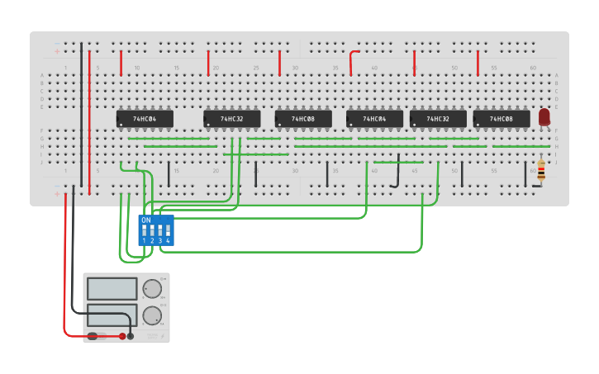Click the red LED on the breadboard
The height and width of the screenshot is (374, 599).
544,117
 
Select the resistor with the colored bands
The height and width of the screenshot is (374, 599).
540,171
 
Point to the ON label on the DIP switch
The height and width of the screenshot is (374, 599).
146,220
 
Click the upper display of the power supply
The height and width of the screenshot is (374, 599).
112,288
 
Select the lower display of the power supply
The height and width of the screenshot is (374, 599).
112,315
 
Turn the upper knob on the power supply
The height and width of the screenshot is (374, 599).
152,289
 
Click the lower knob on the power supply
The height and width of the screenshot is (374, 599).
152,315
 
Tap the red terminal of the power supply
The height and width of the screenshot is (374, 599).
122,336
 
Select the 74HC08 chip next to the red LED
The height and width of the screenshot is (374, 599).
502,120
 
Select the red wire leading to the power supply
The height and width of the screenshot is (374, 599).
65,272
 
